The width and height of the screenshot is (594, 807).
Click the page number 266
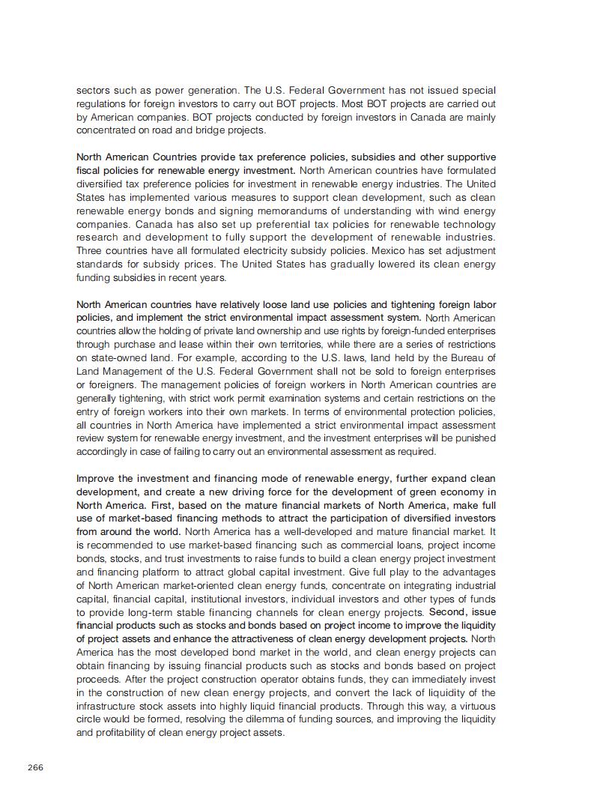[35, 767]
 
